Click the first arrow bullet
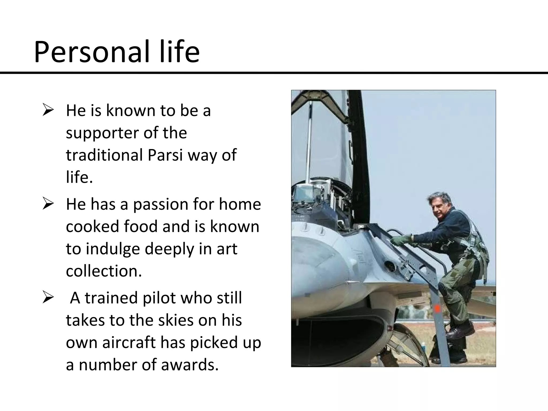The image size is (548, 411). tap(48, 111)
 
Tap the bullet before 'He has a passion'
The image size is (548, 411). tap(48, 204)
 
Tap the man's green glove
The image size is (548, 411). tap(401, 240)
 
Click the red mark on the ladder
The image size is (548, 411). tap(437, 309)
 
